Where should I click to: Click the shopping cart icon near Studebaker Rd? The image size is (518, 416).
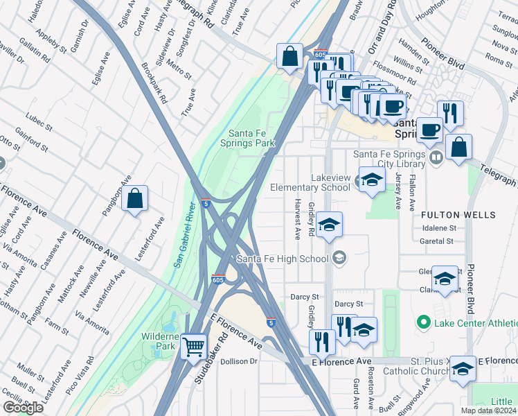tap(194, 345)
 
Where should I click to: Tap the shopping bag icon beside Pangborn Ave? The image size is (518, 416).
tap(136, 198)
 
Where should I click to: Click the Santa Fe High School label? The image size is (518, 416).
tap(282, 259)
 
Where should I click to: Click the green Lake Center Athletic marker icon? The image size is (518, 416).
tap(423, 322)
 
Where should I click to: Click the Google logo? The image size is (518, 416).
tap(23, 408)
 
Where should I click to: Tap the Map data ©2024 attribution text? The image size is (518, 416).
tap(488, 410)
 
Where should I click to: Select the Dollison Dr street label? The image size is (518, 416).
tap(240, 361)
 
